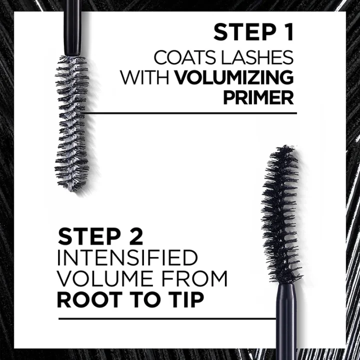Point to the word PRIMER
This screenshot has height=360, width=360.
[x=258, y=97]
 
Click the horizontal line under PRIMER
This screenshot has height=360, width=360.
[x=200, y=113]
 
